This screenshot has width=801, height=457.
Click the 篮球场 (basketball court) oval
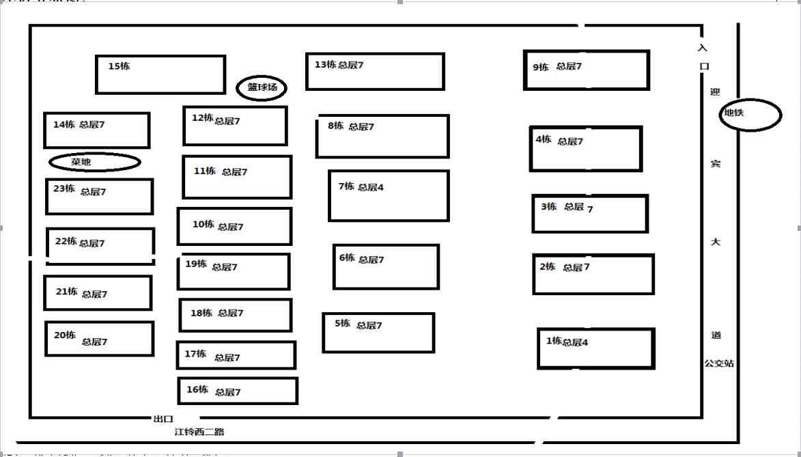click(x=262, y=87)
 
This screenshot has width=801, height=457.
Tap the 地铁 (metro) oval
click(x=750, y=115)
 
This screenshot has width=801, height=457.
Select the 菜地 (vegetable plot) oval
click(x=95, y=162)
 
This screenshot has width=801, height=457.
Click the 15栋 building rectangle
click(x=160, y=74)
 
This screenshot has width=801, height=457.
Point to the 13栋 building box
click(x=375, y=71)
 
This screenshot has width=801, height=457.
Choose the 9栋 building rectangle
click(x=587, y=70)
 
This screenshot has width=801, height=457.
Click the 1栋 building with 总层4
click(x=596, y=348)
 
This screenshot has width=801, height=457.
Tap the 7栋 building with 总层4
click(x=389, y=196)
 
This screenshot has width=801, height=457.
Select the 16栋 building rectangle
click(x=238, y=391)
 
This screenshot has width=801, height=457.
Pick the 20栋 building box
click(x=100, y=339)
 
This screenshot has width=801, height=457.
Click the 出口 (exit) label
click(x=164, y=419)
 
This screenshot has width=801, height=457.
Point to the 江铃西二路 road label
click(x=199, y=432)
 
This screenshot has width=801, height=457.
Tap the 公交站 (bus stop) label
click(x=720, y=363)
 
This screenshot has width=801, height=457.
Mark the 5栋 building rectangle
click(x=378, y=333)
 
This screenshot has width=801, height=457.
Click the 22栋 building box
click(x=100, y=246)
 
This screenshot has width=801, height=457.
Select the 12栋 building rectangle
click(x=235, y=126)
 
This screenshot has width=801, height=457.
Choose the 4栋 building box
click(x=586, y=148)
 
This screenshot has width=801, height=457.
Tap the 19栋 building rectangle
click(x=234, y=271)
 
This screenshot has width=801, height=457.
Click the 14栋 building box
click(x=96, y=130)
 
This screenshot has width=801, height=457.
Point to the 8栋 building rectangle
click(x=382, y=136)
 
